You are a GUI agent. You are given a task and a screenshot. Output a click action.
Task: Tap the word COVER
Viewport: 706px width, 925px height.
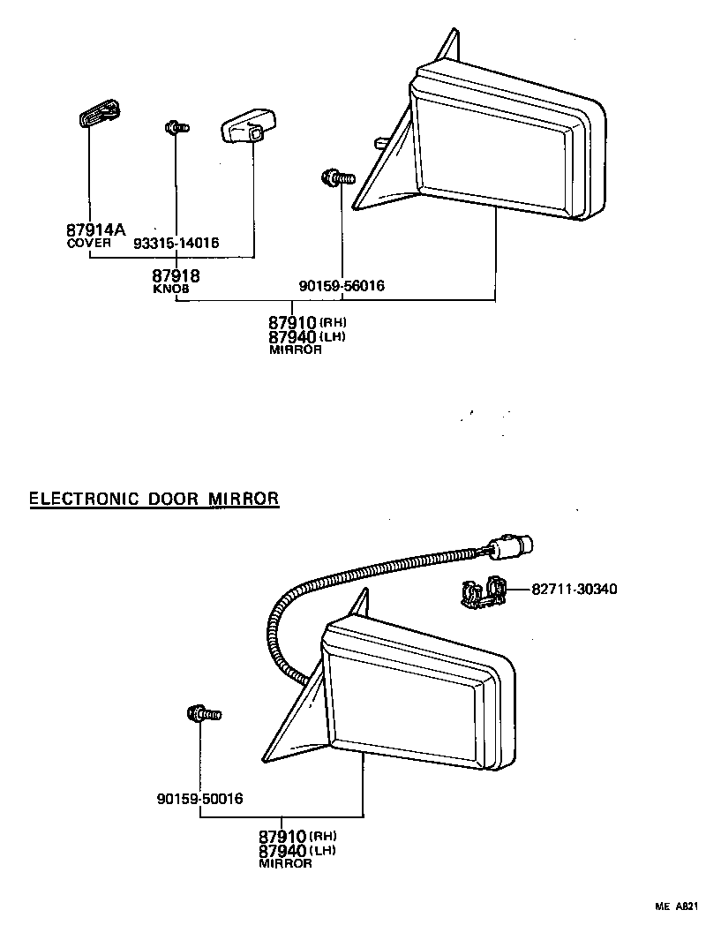pos(89,242)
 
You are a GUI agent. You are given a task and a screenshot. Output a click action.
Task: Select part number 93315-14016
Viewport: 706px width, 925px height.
pos(176,243)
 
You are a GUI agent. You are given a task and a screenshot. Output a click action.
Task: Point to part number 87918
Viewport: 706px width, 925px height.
pos(176,276)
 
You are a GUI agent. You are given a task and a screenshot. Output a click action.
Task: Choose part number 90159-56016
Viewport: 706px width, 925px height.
pos(342,285)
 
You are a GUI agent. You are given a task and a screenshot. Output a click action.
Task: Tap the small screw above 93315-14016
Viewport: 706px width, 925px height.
pos(176,128)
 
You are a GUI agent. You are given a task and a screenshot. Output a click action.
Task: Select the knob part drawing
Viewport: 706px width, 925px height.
pos(246,124)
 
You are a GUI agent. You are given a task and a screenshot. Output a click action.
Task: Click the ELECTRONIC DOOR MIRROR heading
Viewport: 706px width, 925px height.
pos(154,499)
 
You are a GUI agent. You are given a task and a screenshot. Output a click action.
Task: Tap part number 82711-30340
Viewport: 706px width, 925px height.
pos(575,589)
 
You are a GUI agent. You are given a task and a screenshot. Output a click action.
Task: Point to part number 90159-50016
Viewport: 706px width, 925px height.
pos(200,799)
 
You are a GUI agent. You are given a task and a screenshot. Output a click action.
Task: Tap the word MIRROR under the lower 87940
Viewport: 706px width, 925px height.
pos(285,864)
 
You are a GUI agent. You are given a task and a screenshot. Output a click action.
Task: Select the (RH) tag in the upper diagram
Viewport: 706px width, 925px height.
pos(333,322)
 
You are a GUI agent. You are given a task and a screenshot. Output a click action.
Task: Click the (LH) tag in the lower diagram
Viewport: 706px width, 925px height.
pos(322,850)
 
